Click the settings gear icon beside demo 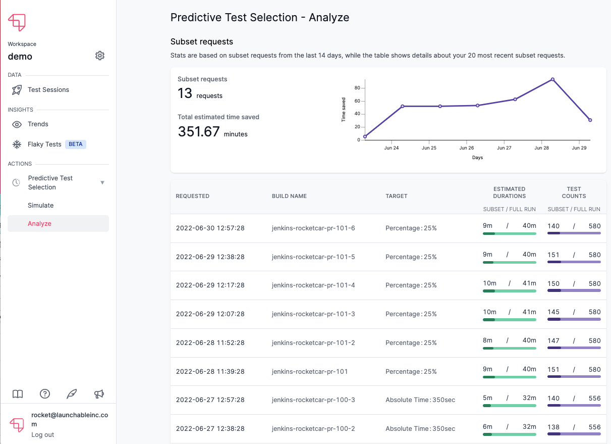pyautogui.click(x=100, y=56)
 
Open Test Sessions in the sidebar pyautogui.click(x=48, y=90)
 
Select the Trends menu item pyautogui.click(x=38, y=124)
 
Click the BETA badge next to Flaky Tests pyautogui.click(x=76, y=144)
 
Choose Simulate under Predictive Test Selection pyautogui.click(x=41, y=206)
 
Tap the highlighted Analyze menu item pyautogui.click(x=40, y=224)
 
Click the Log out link pyautogui.click(x=43, y=435)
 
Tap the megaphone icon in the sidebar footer pyautogui.click(x=99, y=394)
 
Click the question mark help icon pyautogui.click(x=45, y=394)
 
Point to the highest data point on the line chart pyautogui.click(x=552, y=79)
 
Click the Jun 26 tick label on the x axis pyautogui.click(x=467, y=149)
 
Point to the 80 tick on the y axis pyautogui.click(x=357, y=88)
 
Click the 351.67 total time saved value pyautogui.click(x=199, y=132)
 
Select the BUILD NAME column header pyautogui.click(x=289, y=196)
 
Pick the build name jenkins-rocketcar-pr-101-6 pyautogui.click(x=313, y=228)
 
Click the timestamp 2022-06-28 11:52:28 pyautogui.click(x=210, y=343)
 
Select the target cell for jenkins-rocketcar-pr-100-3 pyautogui.click(x=420, y=400)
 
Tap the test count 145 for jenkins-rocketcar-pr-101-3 pyautogui.click(x=554, y=312)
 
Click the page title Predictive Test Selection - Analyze pyautogui.click(x=260, y=18)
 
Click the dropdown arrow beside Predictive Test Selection pyautogui.click(x=102, y=183)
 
